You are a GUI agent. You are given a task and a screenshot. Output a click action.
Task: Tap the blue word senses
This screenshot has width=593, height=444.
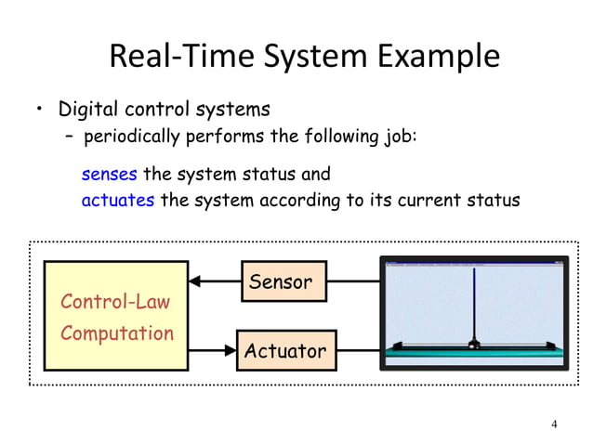(x=110, y=174)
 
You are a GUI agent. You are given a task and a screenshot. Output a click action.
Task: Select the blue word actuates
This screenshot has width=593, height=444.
(x=118, y=200)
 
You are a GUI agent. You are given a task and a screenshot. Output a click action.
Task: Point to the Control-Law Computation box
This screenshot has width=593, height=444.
(x=116, y=315)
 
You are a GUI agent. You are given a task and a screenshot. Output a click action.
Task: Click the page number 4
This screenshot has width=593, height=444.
(x=554, y=424)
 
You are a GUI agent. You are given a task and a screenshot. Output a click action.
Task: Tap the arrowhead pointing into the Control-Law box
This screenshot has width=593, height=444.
(x=194, y=281)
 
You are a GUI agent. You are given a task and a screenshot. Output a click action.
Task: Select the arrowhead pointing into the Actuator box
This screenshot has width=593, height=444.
(x=231, y=350)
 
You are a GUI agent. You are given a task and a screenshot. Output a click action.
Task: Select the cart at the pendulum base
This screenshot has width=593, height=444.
(x=474, y=346)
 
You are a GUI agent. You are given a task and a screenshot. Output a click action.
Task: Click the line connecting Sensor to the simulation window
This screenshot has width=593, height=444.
(x=353, y=281)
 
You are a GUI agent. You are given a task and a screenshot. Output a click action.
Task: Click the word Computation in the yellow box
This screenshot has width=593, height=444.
(x=117, y=333)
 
